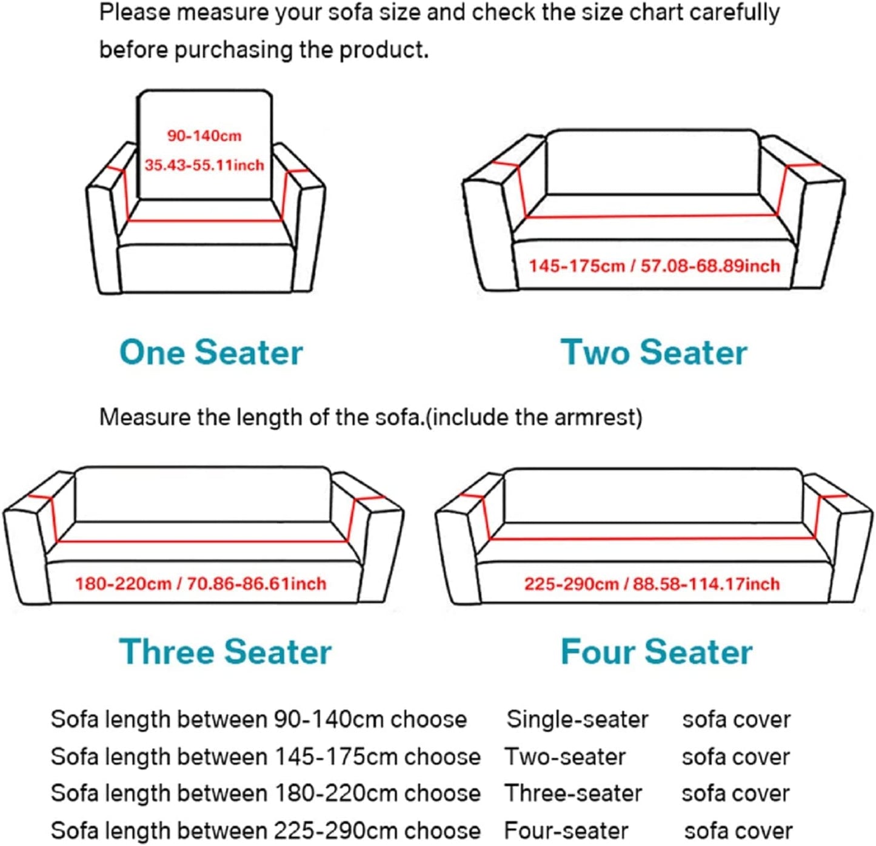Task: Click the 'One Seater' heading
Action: click(211, 352)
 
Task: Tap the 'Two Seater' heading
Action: click(654, 352)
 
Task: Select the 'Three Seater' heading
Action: click(225, 652)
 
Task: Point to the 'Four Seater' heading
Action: click(656, 652)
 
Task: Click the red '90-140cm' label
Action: click(204, 136)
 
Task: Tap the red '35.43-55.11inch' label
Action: click(204, 165)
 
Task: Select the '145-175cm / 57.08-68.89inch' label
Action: click(654, 266)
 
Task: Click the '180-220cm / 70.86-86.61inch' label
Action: click(201, 583)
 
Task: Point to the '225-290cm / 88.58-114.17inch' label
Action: click(652, 583)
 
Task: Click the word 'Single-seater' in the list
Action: click(577, 720)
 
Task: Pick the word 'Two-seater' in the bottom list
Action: click(565, 757)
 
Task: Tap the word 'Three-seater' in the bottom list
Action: click(573, 793)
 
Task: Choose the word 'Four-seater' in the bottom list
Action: click(566, 830)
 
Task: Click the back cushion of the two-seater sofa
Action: click(652, 161)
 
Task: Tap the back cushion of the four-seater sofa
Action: click(654, 495)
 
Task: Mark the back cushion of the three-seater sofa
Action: click(202, 494)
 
